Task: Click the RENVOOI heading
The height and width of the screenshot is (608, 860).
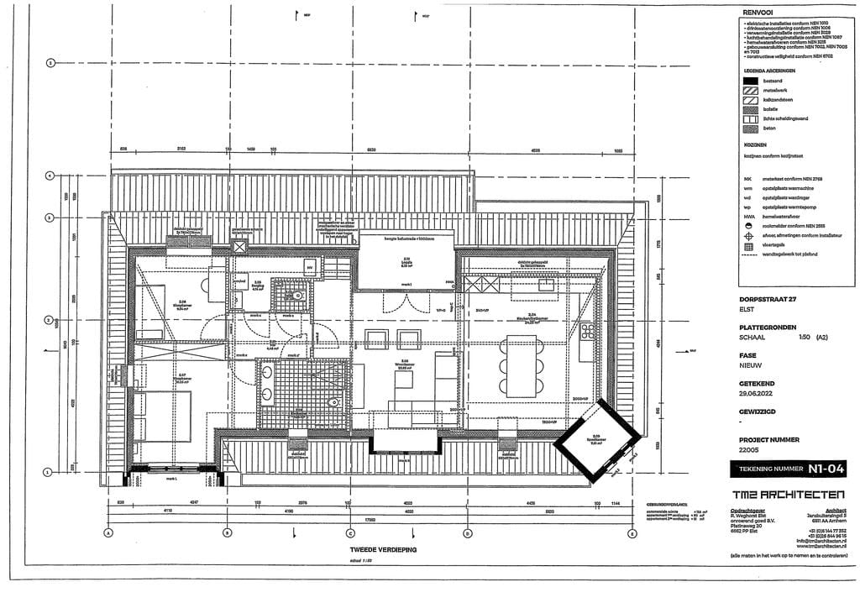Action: [759, 13]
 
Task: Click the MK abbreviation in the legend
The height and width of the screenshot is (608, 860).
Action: [747, 179]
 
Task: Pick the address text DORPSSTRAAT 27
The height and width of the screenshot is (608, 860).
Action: [767, 300]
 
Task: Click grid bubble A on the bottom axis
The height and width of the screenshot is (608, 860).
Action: [108, 533]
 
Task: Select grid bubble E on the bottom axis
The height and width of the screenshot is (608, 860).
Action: [632, 533]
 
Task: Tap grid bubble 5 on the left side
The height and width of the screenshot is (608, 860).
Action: [50, 63]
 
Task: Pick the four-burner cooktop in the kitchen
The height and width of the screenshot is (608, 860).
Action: [586, 331]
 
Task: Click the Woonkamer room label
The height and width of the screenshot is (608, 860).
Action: [404, 363]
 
